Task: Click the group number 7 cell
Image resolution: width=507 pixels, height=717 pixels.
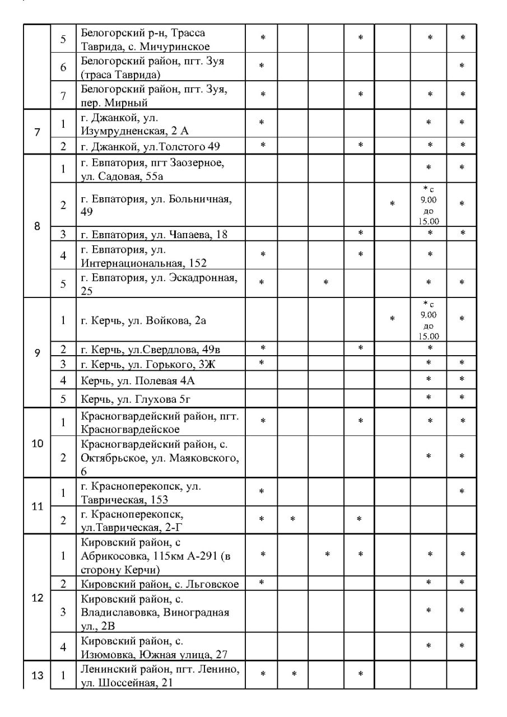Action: pyautogui.click(x=37, y=133)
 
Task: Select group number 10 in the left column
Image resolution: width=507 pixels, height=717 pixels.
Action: pyautogui.click(x=37, y=444)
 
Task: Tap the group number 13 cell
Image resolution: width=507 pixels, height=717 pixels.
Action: pyautogui.click(x=37, y=675)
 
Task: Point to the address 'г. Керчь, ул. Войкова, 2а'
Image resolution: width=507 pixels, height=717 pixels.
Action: pyautogui.click(x=145, y=320)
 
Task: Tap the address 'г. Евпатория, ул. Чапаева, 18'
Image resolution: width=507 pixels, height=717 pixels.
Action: pyautogui.click(x=155, y=234)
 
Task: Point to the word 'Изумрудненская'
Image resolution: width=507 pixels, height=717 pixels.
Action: pyautogui.click(x=120, y=131)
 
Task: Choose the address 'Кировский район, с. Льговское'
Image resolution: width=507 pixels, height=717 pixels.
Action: pyautogui.click(x=160, y=584)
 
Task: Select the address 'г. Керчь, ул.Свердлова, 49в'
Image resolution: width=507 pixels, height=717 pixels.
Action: pyautogui.click(x=151, y=350)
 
